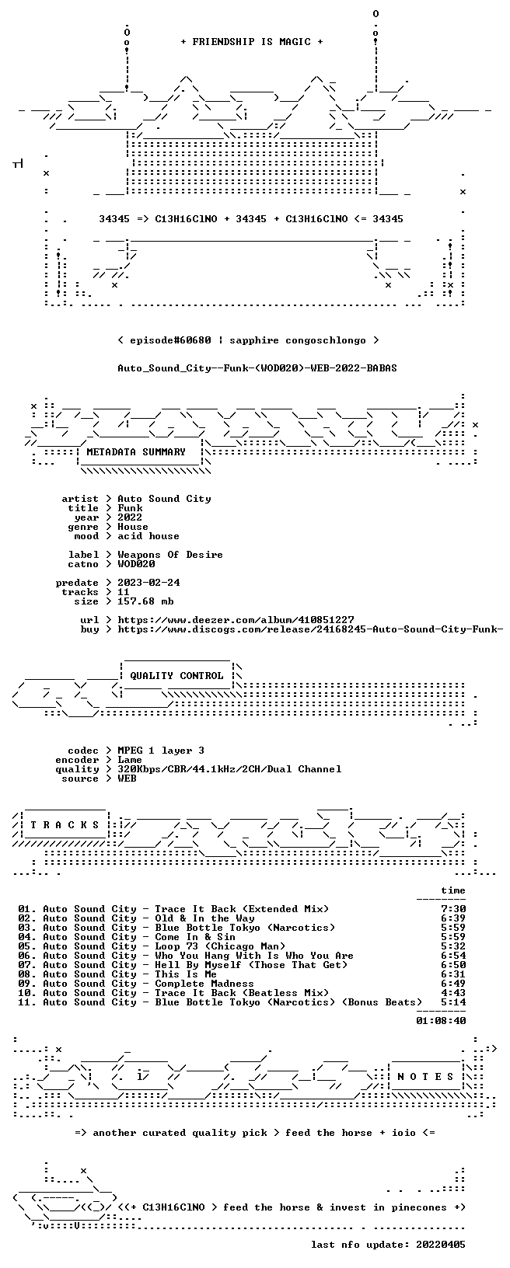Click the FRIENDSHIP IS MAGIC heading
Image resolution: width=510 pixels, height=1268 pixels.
click(x=252, y=42)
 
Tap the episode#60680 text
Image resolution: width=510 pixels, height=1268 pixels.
click(x=170, y=341)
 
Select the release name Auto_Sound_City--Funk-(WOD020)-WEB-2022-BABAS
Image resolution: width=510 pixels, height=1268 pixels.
click(x=257, y=368)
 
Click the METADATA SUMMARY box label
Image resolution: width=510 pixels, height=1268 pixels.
click(x=136, y=452)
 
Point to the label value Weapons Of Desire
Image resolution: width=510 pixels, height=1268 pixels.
click(x=170, y=555)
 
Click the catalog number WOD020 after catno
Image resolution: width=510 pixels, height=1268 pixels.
click(x=136, y=564)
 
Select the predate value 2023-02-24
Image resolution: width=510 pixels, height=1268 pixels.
click(x=148, y=583)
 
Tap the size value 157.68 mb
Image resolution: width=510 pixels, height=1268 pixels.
click(x=145, y=601)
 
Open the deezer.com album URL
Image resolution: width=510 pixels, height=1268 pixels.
click(x=236, y=620)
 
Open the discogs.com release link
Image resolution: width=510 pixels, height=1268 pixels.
click(x=310, y=629)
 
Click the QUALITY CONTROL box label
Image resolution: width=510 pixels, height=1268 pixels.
click(x=176, y=676)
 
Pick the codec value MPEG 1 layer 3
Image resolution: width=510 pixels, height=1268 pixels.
click(x=161, y=751)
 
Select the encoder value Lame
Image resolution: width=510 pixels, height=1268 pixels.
click(x=130, y=760)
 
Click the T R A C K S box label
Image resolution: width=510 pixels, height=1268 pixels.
click(x=65, y=825)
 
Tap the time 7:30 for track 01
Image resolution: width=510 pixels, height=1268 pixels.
click(x=453, y=909)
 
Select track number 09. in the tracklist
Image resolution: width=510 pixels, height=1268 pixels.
click(x=26, y=984)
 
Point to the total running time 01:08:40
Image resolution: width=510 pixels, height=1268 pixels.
click(x=441, y=1021)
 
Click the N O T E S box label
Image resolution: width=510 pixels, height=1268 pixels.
click(x=425, y=1077)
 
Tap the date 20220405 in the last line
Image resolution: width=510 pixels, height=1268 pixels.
click(x=441, y=1245)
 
